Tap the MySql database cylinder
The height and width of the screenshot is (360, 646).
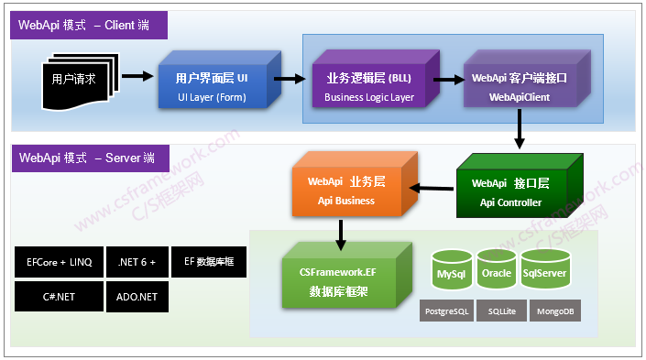coord(450,267)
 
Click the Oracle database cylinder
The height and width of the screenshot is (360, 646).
coord(497,267)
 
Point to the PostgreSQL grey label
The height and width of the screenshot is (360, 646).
coord(447,311)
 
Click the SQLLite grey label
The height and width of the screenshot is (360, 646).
coord(502,311)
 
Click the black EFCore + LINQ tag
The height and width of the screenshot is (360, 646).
coord(58,262)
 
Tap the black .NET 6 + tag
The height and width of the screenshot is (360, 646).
coord(137,262)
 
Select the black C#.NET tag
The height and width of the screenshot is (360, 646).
coord(58,297)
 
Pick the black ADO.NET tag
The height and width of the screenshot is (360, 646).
coord(137,297)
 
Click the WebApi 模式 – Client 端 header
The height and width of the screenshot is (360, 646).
coord(90,26)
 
